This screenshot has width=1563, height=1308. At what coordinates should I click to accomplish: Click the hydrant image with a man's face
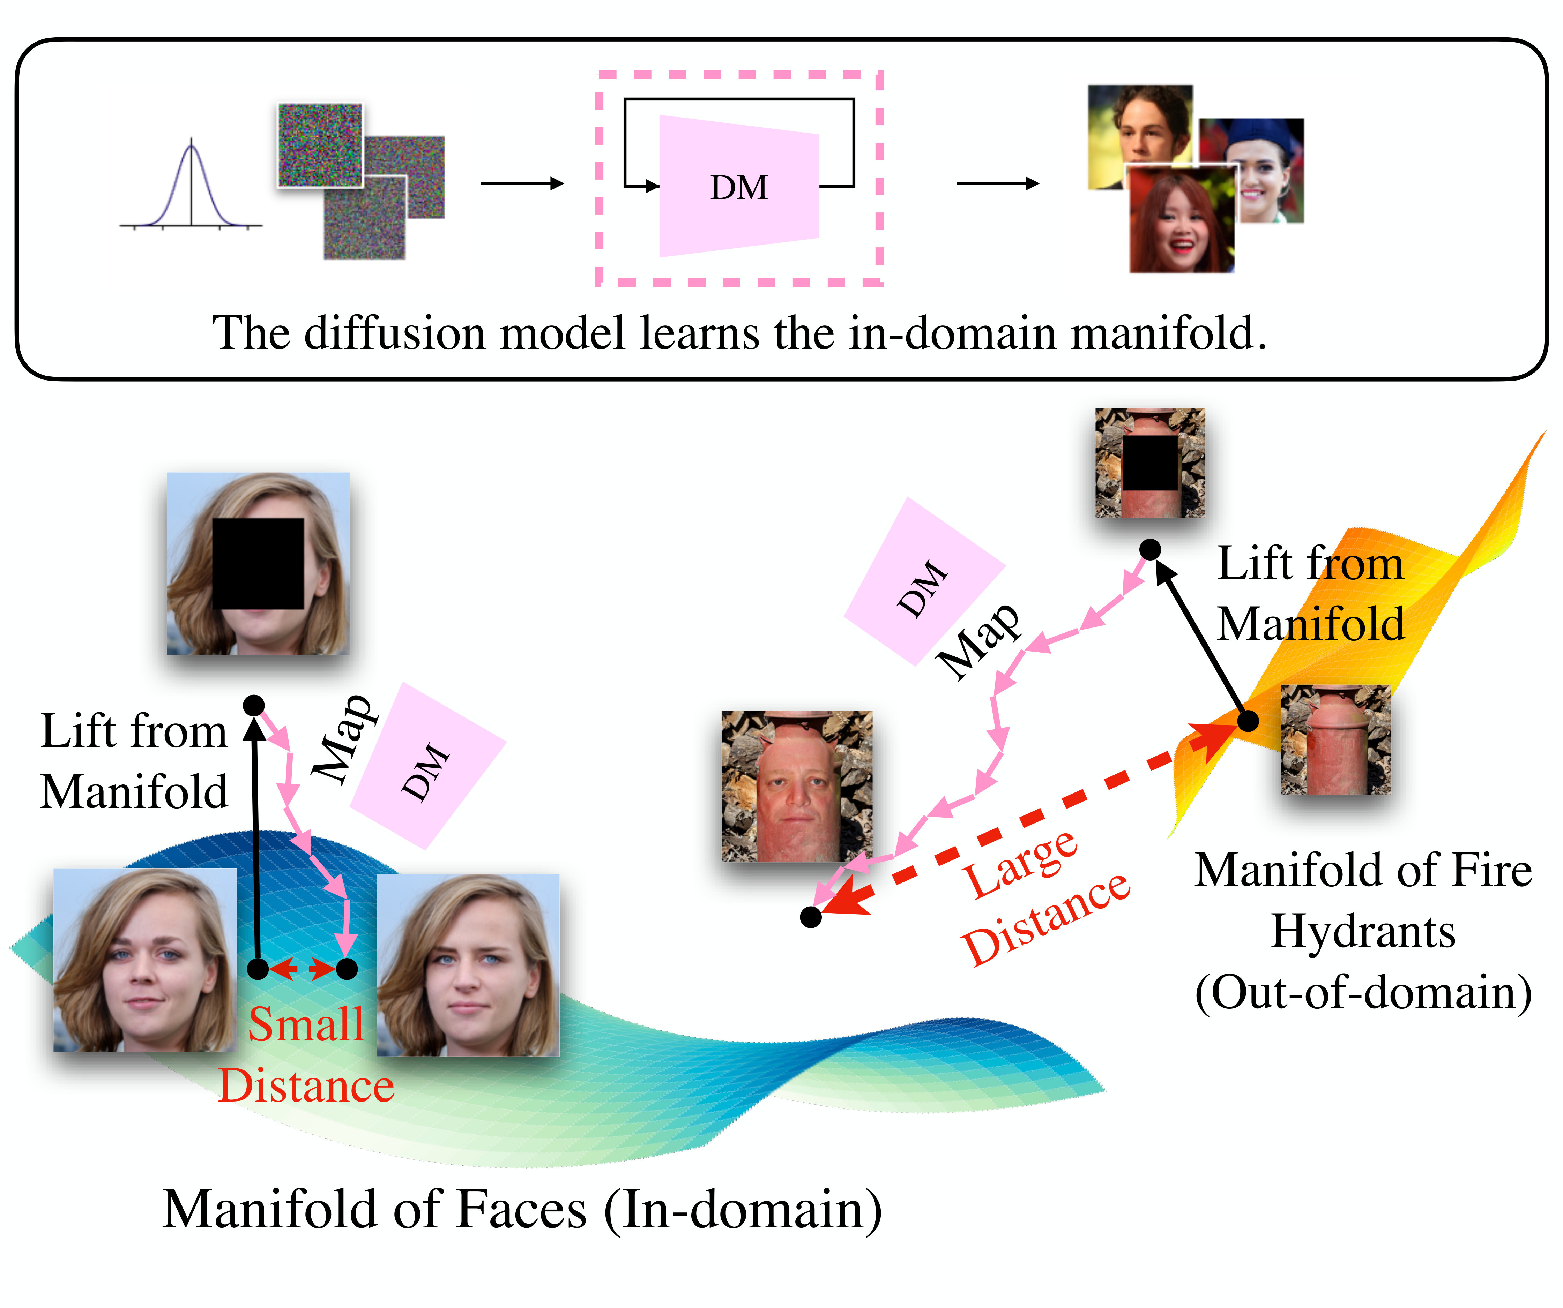(x=796, y=787)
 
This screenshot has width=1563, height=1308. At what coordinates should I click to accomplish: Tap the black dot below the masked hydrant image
(x=1150, y=550)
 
